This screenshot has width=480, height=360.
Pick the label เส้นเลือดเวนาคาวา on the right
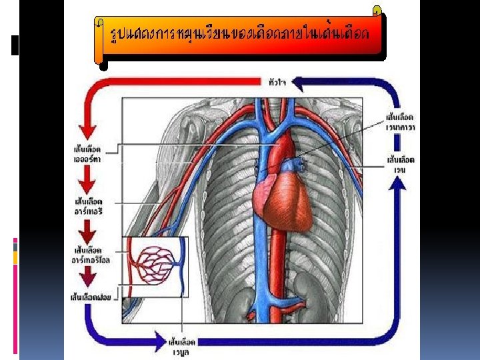tap(401, 121)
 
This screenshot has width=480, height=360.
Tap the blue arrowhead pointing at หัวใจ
tap(299, 83)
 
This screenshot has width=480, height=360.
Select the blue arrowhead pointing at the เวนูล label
tap(158, 342)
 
